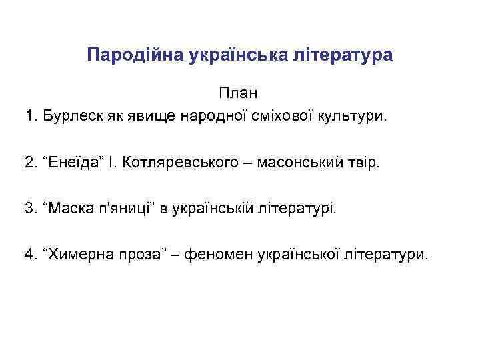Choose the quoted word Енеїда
(79, 163)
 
